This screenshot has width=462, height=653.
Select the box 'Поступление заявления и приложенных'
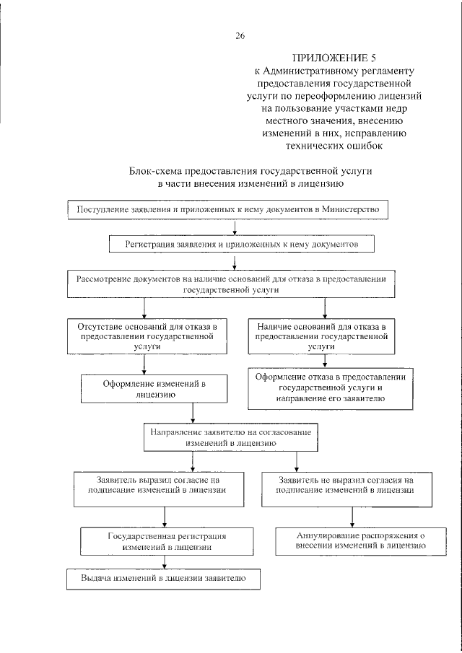click(228, 209)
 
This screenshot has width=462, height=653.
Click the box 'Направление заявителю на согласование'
click(231, 438)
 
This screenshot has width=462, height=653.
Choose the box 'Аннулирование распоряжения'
click(352, 541)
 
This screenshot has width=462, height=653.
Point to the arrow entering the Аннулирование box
click(352, 518)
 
